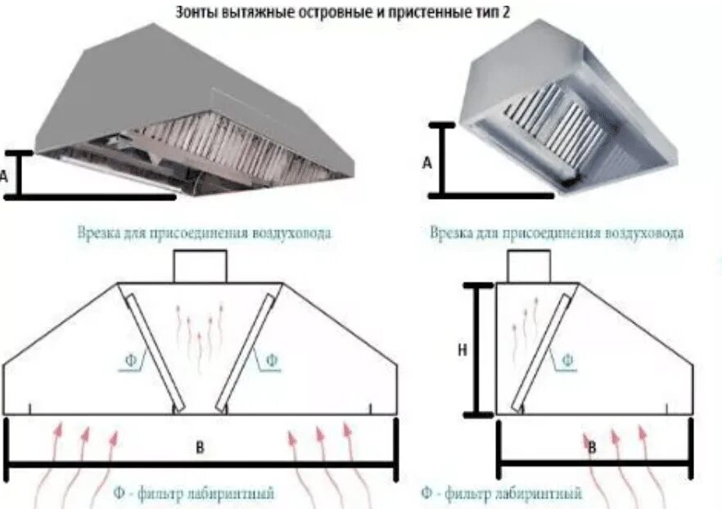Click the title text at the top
[360, 12]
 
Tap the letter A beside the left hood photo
[6, 174]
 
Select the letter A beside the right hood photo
[426, 163]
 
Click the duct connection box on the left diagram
[200, 267]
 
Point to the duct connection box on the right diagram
[527, 267]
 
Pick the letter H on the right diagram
[463, 349]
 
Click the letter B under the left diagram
[200, 447]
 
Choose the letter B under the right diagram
[591, 447]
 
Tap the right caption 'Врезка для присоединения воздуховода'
[557, 232]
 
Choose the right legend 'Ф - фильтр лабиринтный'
[501, 493]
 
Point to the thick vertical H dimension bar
[478, 349]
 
